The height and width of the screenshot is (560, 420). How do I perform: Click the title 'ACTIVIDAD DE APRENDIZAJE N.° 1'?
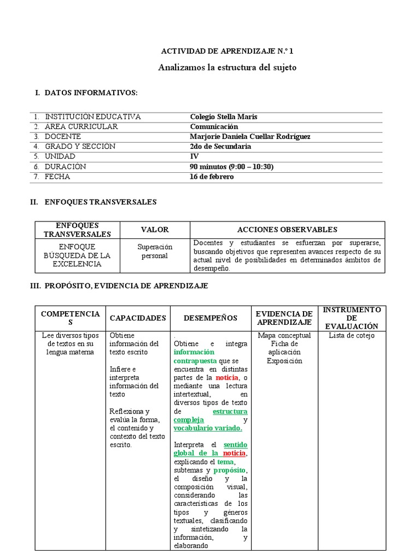coord(227,51)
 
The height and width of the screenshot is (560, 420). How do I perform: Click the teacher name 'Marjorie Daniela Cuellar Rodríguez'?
coord(250,137)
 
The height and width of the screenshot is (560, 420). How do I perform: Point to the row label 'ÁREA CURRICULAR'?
coord(81,127)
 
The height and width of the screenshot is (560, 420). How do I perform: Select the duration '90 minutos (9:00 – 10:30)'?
coord(231,167)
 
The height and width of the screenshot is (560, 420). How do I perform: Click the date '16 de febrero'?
coord(212,177)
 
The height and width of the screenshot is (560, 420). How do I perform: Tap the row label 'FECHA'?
coord(57,177)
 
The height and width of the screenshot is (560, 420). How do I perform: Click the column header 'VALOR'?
coord(155,230)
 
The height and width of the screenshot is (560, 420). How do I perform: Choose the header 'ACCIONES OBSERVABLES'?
coord(287,230)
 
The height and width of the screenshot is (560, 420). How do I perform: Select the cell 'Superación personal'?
coord(155,252)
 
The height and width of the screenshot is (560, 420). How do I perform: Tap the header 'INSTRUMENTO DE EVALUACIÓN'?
coord(352,318)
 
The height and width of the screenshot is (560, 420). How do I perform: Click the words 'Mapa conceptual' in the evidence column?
coord(284,336)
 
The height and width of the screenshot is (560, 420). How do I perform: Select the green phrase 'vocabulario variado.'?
coord(208,428)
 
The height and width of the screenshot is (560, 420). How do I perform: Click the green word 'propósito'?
coord(229,470)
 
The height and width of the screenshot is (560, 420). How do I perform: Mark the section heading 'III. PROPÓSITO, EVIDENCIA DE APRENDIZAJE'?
coord(119,286)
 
